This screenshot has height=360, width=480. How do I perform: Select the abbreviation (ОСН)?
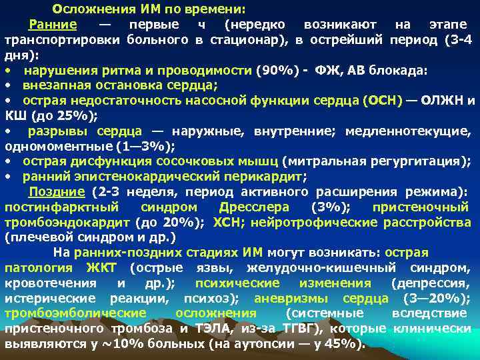pyautogui.click(x=382, y=101)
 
